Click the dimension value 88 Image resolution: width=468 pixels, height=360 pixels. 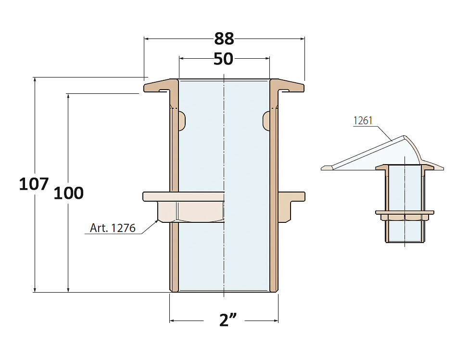click(x=224, y=39)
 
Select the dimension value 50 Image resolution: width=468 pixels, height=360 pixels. click(x=223, y=59)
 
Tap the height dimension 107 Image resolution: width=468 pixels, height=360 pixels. click(x=34, y=184)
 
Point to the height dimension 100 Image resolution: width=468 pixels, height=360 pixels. click(x=69, y=193)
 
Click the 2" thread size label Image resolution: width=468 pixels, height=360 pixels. click(x=228, y=320)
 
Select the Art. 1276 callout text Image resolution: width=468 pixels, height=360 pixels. click(x=113, y=228)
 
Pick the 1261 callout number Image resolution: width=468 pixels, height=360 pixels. click(x=363, y=121)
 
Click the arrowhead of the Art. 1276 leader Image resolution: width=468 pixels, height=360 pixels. click(x=157, y=221)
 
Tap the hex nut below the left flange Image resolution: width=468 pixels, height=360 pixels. click(x=191, y=211)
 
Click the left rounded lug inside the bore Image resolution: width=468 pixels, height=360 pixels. click(x=182, y=121)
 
